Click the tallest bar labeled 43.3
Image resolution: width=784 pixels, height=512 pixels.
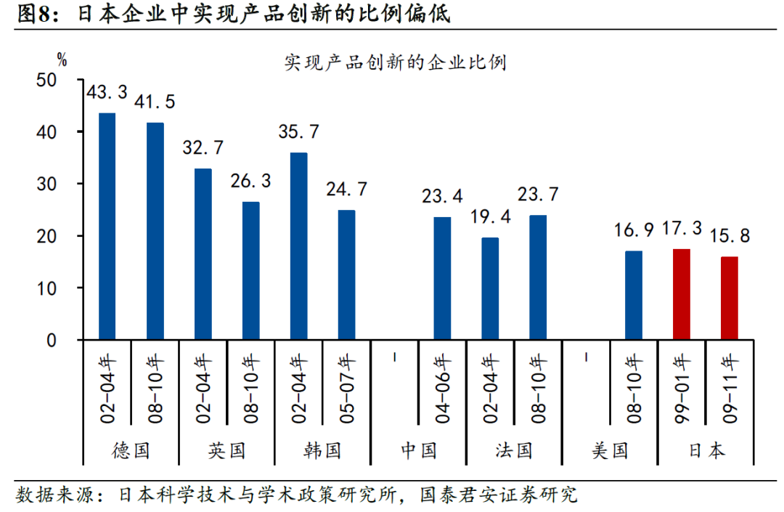107,227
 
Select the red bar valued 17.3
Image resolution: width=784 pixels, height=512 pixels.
681,294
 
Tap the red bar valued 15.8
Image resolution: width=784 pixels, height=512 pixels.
729,298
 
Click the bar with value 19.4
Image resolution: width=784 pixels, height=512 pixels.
491,288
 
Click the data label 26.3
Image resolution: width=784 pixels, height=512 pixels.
251,180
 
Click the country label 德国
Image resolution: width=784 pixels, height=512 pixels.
131,450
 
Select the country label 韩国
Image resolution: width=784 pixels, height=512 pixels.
322,450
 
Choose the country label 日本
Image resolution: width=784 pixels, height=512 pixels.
706,450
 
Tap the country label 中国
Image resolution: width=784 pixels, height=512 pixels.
418,450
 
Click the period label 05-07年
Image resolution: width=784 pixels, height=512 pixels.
346,389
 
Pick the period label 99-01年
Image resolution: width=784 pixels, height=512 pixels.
681,389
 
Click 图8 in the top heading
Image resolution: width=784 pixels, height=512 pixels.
31,14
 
